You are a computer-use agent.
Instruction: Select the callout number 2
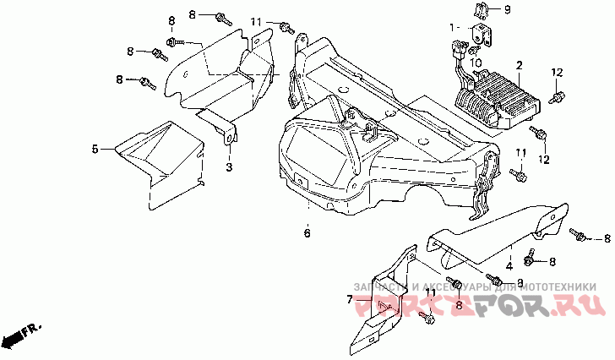pyautogui.click(x=520, y=64)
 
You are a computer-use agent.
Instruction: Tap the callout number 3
pyautogui.click(x=228, y=168)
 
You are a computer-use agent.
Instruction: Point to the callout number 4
pyautogui.click(x=509, y=265)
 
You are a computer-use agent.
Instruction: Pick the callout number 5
pyautogui.click(x=96, y=149)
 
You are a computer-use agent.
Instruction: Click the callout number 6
pyautogui.click(x=307, y=232)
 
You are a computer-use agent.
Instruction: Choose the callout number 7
pyautogui.click(x=348, y=298)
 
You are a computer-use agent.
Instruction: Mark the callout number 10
pyautogui.click(x=476, y=62)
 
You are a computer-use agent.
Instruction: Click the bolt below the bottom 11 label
pyautogui.click(x=427, y=319)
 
